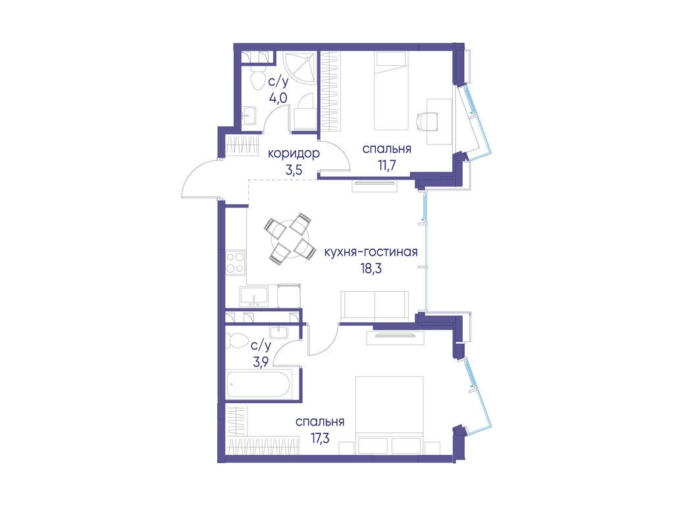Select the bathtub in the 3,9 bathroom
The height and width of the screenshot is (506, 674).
pos(259,383)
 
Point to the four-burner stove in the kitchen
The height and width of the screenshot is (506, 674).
pos(236,262)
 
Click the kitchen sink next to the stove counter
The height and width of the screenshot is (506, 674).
pos(254,297)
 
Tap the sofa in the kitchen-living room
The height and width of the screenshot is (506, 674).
pos(375,306)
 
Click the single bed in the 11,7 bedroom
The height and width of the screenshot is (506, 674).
pos(391,91)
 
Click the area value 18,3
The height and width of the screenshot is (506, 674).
pos(371,269)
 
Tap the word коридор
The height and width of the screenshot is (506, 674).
pos(294,153)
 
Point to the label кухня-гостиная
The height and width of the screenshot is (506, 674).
pos(371,252)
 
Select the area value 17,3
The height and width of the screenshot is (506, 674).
pos(319,438)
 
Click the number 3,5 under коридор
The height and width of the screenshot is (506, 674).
pos(294,169)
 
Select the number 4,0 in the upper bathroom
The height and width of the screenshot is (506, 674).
pos(278,99)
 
